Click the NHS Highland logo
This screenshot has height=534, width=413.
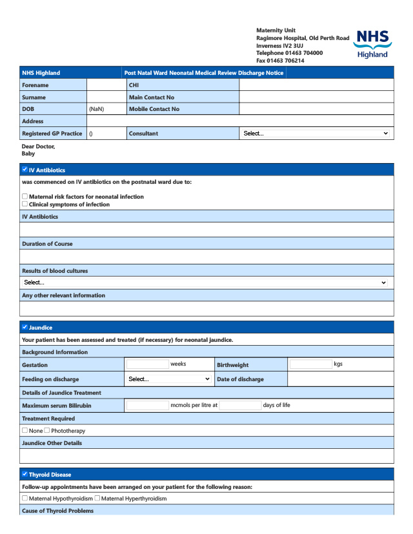coord(373,44)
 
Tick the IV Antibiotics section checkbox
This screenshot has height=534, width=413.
coord(25,170)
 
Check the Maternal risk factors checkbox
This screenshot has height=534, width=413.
coord(25,197)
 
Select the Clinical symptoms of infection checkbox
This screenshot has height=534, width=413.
coord(25,204)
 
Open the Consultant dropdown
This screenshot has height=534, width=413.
coord(316,133)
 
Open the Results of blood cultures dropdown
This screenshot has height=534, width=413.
coord(206,282)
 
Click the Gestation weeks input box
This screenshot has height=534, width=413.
coord(147,364)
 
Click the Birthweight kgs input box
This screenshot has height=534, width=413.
coord(310,364)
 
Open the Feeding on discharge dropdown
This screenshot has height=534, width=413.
coord(169,379)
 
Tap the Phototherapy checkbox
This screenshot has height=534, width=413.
coord(47,430)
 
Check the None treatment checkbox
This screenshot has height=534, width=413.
coord(25,430)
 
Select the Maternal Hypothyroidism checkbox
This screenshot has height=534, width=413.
coord(25,498)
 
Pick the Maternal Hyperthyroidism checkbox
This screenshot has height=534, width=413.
coord(97,498)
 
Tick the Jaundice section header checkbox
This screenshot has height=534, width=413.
coord(25,327)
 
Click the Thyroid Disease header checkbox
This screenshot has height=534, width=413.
coord(25,474)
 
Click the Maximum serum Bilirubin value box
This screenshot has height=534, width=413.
coord(147,406)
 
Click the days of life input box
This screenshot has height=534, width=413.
coord(239,406)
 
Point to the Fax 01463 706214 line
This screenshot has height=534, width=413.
coord(280,61)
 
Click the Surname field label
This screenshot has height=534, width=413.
coord(34,97)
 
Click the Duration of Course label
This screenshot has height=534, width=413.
coord(47,244)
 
